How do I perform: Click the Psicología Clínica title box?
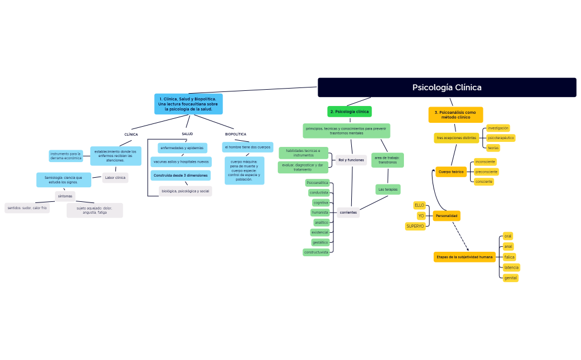[447, 87]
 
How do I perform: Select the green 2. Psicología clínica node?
[350, 112]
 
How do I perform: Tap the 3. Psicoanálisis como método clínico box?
[455, 115]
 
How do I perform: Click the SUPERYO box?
[415, 226]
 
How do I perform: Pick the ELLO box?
[419, 205]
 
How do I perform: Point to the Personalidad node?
[447, 216]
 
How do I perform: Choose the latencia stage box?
[511, 267]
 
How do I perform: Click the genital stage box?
[510, 278]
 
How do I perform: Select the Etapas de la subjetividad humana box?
[464, 257]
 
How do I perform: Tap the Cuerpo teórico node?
[451, 172]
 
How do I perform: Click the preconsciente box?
[486, 172]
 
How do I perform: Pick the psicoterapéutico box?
[500, 137]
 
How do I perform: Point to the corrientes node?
[348, 213]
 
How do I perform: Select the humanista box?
[320, 213]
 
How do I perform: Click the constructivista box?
[317, 252]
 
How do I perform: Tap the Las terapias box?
[388, 190]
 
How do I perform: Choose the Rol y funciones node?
[351, 160]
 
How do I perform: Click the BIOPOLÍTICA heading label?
[235, 135]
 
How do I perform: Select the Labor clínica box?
[115, 178]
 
